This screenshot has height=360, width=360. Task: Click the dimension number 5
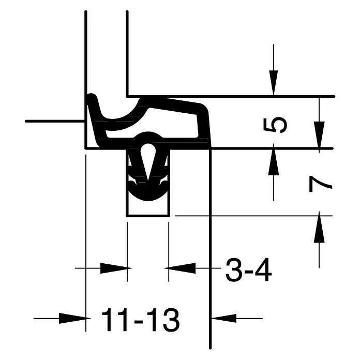[275, 125]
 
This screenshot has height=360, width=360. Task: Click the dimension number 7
[320, 184]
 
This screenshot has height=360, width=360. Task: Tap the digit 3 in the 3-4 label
[234, 270]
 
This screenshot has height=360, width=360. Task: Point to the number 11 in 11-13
[114, 320]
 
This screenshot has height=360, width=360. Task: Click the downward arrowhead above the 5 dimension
[274, 83]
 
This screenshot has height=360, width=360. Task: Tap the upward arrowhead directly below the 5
[274, 162]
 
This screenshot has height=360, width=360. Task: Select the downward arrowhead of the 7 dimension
[319, 134]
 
